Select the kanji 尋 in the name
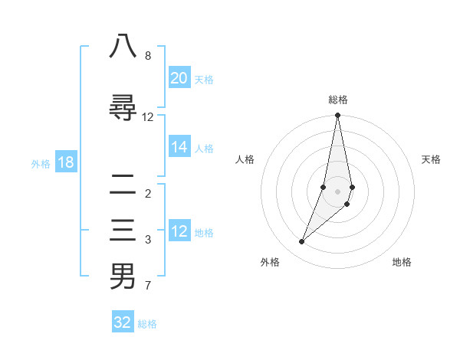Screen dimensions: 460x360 (123, 108)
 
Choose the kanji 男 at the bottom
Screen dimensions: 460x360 (123, 277)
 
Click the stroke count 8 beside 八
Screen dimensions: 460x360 (148, 56)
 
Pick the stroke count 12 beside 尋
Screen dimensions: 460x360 (148, 117)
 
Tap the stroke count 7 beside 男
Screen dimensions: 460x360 (148, 286)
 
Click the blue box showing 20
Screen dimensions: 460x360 (179, 78)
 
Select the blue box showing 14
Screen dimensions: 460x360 (179, 147)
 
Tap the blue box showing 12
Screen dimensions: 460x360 (179, 231)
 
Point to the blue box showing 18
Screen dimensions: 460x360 (65, 162)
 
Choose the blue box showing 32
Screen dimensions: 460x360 (123, 322)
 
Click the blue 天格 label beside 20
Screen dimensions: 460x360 (204, 80)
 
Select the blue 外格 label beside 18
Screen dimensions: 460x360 (41, 163)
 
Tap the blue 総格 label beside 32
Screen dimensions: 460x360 (147, 324)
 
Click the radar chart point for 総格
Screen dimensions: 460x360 (337, 115)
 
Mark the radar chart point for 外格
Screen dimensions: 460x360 (301, 242)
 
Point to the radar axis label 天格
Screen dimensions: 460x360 (432, 159)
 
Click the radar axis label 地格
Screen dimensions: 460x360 (402, 262)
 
